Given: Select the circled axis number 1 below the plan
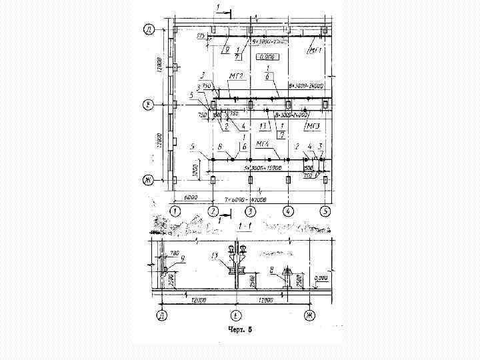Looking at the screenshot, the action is [x=175, y=211].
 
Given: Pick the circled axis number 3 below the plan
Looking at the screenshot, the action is [x=250, y=211].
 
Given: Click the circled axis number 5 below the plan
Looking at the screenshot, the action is [x=325, y=211].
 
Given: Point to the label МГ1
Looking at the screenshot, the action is [x=315, y=50].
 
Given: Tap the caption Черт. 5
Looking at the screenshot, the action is [x=240, y=329].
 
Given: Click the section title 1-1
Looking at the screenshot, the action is [x=245, y=227].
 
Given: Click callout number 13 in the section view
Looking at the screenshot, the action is [x=214, y=255].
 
